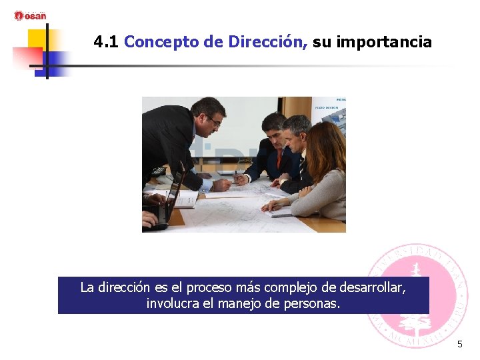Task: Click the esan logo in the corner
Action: tap(30, 15)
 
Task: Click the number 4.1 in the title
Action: tap(106, 43)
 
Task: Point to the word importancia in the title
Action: tap(384, 43)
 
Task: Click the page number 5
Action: tap(459, 345)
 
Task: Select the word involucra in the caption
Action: tap(172, 304)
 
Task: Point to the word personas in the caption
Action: tap(313, 304)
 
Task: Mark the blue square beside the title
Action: tap(58, 61)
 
